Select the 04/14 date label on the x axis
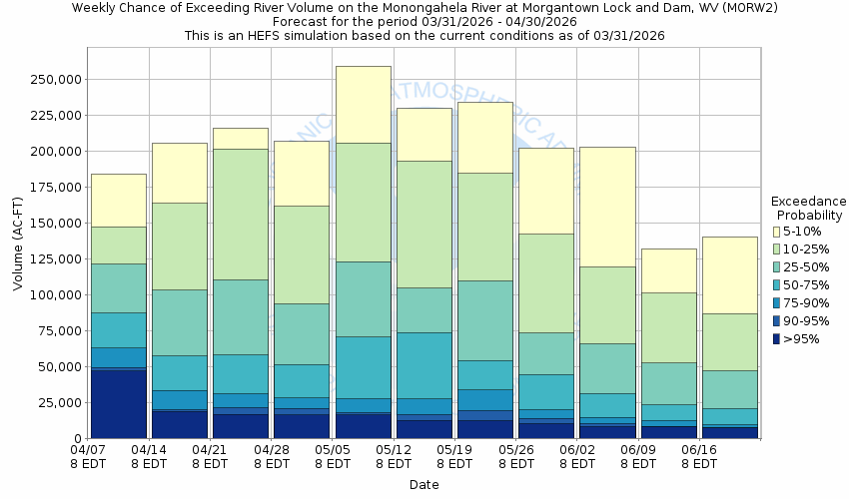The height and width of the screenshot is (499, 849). [x=149, y=457]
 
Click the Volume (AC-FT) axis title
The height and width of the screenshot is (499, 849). [x=18, y=255]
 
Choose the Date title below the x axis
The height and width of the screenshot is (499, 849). [x=424, y=485]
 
